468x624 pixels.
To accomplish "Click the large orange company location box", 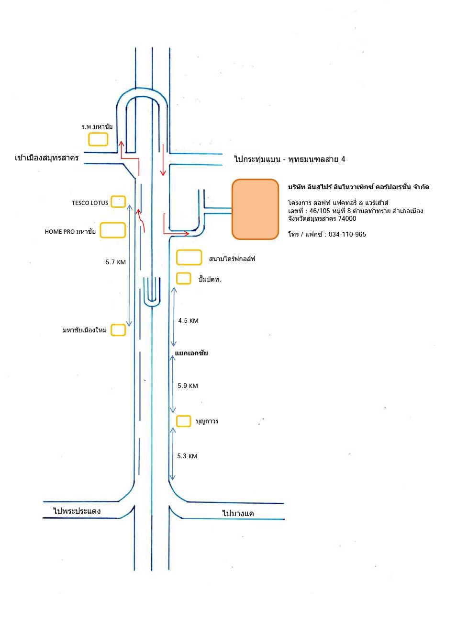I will click(x=255, y=209).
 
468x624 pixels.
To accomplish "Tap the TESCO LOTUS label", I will click(x=90, y=203).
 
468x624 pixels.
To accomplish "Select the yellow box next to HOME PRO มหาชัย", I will click(x=113, y=230).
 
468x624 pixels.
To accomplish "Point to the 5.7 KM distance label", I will click(x=116, y=262).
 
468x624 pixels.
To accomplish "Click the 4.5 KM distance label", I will click(x=188, y=321).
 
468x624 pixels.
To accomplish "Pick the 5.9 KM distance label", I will click(x=188, y=386).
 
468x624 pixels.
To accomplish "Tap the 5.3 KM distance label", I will click(x=187, y=456).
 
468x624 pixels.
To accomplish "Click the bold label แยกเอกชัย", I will click(x=191, y=353).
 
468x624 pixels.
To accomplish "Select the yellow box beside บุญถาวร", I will click(x=184, y=421).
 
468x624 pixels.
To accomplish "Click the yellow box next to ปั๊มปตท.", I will click(x=184, y=278).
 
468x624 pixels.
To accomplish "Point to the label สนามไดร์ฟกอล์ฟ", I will click(x=232, y=259).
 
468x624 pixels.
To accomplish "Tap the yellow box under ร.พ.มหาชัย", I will click(x=98, y=139).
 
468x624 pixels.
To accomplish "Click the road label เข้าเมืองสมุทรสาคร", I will click(x=47, y=158).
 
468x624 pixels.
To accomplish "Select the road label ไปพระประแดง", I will click(x=77, y=511).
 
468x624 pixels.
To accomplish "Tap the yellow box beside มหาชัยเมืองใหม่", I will click(x=118, y=330).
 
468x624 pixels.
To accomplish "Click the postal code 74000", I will click(x=347, y=219).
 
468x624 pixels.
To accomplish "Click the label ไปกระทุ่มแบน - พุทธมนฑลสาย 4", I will click(x=290, y=159).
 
